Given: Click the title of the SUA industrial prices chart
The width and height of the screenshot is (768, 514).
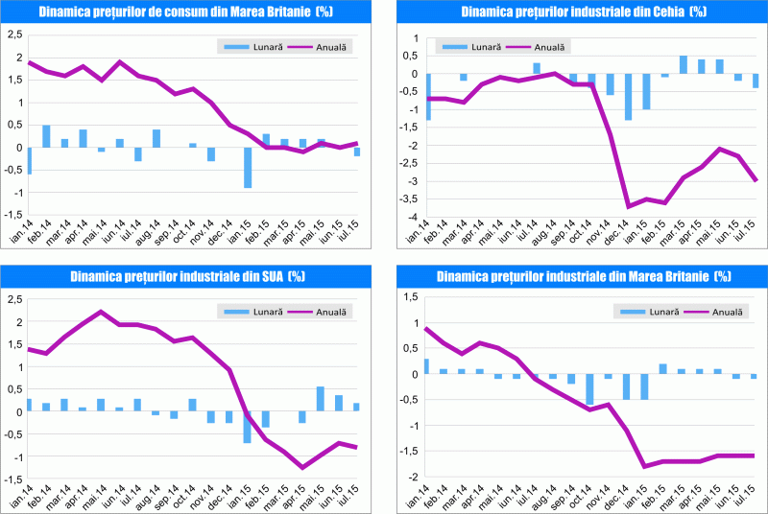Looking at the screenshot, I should (x=187, y=277).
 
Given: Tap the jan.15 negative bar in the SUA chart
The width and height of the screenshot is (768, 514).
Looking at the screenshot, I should (x=248, y=428).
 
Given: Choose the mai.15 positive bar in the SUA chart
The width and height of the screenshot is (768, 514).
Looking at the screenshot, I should (x=320, y=400).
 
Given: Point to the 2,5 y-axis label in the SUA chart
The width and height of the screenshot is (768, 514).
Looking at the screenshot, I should (x=14, y=299).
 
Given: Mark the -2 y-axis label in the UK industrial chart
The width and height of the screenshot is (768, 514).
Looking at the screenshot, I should (x=412, y=477).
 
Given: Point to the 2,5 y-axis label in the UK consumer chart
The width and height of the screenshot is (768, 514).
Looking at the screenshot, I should (x=14, y=35).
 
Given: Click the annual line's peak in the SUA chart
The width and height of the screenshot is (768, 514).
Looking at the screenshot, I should (x=101, y=312).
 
